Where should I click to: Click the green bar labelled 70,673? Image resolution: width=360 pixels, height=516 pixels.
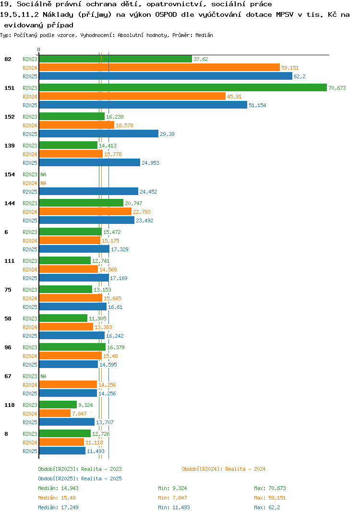[x=183, y=87]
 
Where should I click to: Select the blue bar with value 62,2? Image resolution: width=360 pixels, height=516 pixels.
[x=166, y=76]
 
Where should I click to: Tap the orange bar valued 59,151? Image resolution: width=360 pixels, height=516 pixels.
[x=159, y=67]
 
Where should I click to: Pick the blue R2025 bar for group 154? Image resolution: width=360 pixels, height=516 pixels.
[x=89, y=191]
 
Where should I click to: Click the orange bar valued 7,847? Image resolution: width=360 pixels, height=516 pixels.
[x=55, y=413]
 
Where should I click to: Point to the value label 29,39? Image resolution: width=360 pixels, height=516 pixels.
[x=168, y=134]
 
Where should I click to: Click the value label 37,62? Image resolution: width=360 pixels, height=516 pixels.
[x=201, y=59]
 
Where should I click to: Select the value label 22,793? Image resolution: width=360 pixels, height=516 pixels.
[x=142, y=212]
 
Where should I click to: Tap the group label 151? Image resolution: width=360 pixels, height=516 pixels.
[x=10, y=88]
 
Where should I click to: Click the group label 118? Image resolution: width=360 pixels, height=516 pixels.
[x=10, y=405]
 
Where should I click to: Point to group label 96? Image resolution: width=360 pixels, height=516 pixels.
[x=8, y=347]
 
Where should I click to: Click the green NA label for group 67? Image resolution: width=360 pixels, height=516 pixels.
[x=43, y=376]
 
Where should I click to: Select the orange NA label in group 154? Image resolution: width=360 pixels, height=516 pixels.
[x=43, y=183]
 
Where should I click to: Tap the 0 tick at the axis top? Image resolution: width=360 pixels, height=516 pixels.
[x=39, y=49]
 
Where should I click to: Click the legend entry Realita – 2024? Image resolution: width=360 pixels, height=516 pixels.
[x=224, y=469]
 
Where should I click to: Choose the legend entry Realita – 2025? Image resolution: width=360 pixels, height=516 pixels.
[x=80, y=479]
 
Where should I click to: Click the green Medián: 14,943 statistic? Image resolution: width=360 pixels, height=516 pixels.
[x=58, y=488]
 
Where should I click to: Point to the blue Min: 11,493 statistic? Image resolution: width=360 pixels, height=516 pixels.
[x=174, y=507]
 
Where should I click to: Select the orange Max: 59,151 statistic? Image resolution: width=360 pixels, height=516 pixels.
[x=270, y=498]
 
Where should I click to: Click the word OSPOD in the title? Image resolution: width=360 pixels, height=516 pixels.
[x=166, y=14]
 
